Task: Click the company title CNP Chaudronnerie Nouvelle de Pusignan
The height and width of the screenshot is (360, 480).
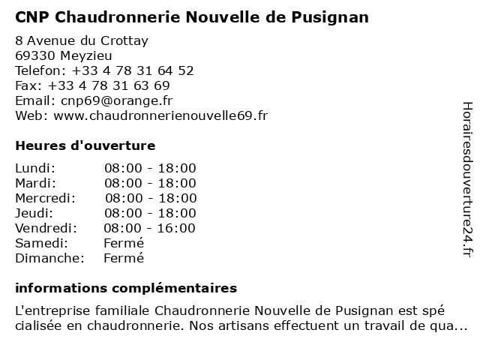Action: tap(192, 16)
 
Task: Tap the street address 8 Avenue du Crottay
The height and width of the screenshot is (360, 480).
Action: tap(82, 40)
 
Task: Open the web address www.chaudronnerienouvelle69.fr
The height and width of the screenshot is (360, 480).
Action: tap(160, 115)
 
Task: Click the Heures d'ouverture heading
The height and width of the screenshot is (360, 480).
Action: tap(85, 145)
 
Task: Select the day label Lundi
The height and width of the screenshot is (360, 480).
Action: tap(35, 168)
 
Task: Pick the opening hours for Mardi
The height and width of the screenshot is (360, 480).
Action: tap(150, 183)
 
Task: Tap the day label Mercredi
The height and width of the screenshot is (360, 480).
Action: tap(45, 198)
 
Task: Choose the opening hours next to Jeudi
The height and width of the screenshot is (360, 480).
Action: tap(150, 213)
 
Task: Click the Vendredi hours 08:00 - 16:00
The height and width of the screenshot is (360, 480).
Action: tap(149, 228)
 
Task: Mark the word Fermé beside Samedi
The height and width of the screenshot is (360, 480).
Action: tap(124, 243)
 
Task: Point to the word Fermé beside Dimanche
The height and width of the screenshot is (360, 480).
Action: tap(124, 258)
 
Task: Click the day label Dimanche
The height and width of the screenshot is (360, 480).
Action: tap(49, 258)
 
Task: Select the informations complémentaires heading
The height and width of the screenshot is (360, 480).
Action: tap(126, 288)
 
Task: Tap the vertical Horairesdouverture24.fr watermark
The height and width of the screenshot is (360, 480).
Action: tap(466, 180)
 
